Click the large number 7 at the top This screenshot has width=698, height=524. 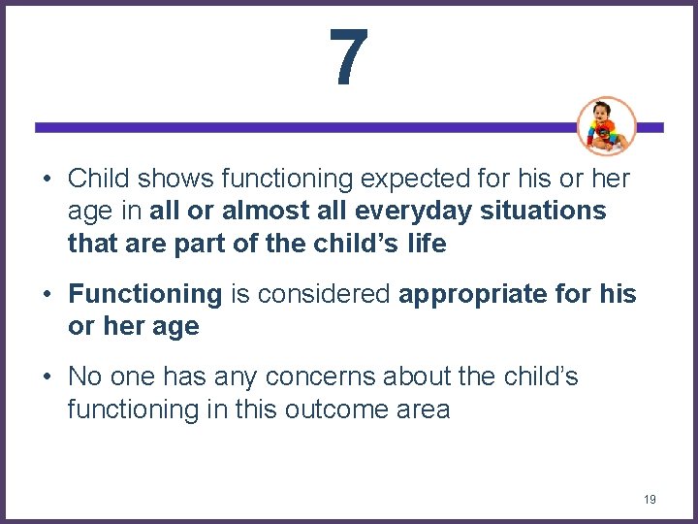point(348,56)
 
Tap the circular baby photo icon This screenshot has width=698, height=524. point(607,126)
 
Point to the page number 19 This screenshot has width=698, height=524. point(650,500)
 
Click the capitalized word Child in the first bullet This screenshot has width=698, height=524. point(100,179)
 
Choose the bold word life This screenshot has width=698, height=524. point(428,244)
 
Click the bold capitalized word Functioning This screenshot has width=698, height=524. point(145,294)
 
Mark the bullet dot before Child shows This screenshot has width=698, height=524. point(46,180)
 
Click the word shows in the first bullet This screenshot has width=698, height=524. point(177,179)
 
